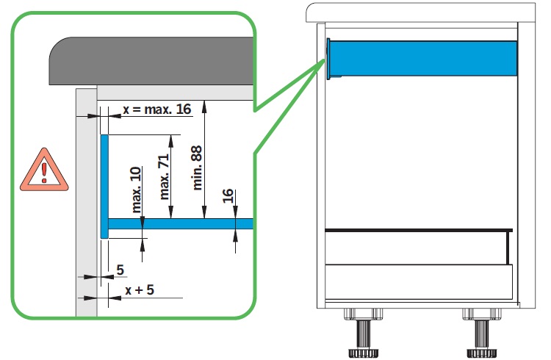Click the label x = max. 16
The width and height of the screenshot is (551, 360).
coord(156,109)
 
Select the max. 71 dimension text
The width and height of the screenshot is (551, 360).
coord(165,177)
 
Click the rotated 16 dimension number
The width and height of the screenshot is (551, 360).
coord(228,196)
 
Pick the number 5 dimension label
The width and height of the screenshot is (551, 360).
coord(120,270)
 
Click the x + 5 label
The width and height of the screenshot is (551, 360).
coord(140,289)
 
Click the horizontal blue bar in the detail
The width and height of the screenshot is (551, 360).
coord(180,223)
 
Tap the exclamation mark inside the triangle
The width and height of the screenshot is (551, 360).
coord(45,173)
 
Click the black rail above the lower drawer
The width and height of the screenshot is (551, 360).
coord(419,231)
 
